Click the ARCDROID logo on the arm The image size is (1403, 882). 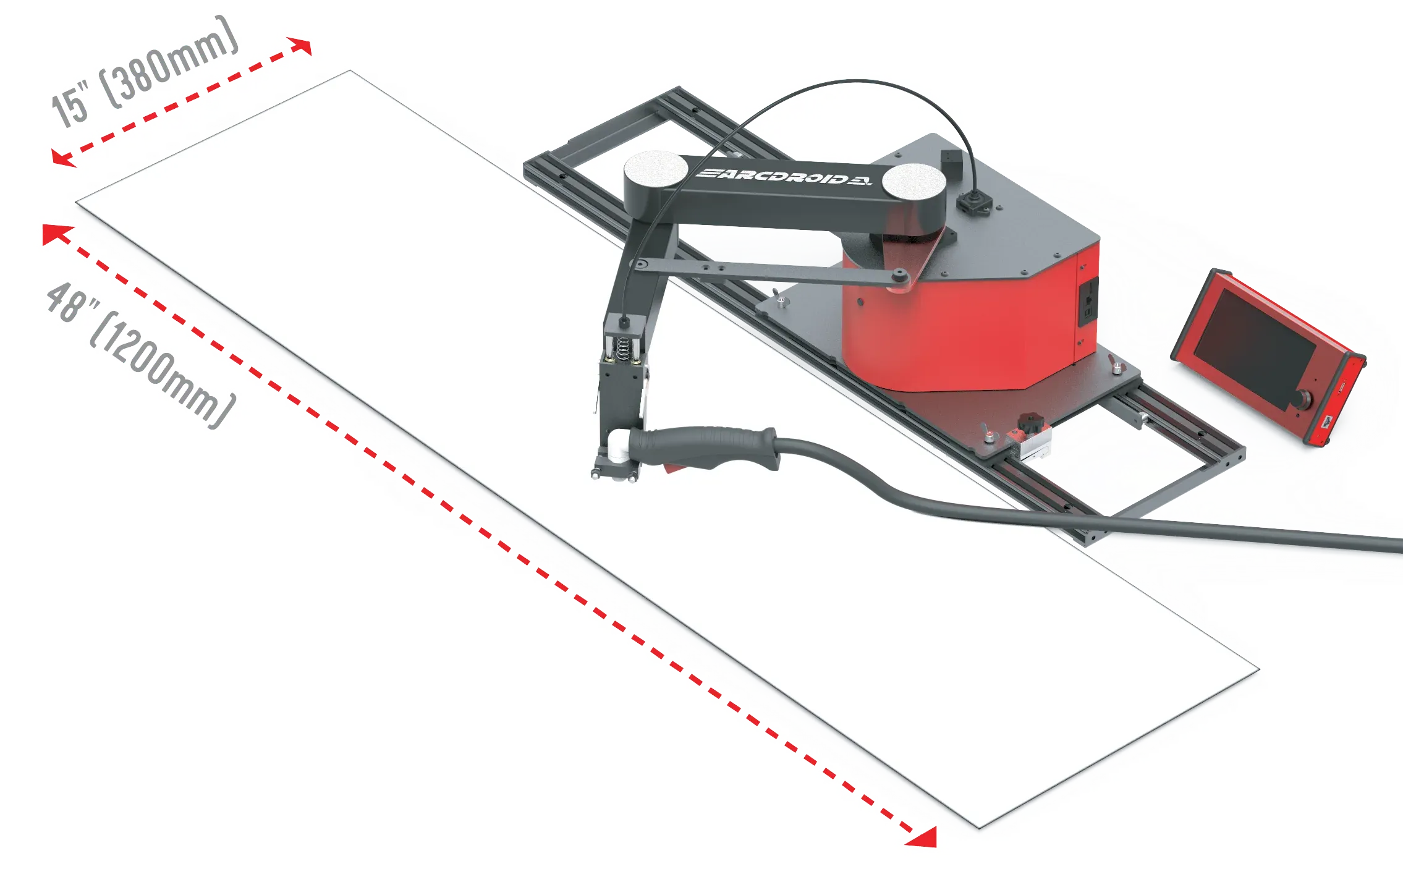tap(784, 176)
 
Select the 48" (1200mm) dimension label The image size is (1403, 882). tap(141, 355)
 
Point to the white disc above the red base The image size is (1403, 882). tap(913, 182)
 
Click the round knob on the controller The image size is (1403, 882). tap(1304, 399)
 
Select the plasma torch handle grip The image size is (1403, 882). tap(705, 447)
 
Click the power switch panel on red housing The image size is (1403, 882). tap(1088, 301)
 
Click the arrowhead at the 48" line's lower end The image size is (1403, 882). tap(922, 836)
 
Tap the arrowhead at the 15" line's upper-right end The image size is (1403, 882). tap(300, 46)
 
